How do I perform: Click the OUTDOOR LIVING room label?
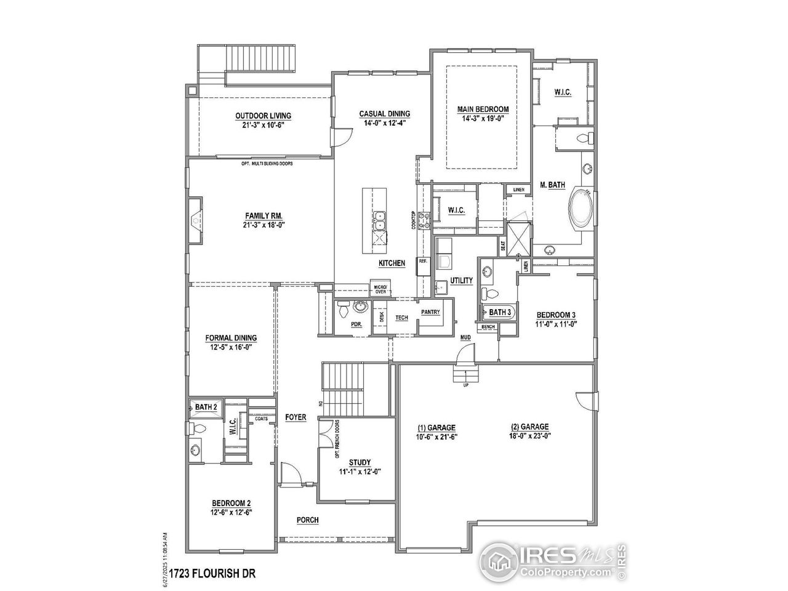tap(263, 116)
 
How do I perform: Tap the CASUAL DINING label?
tap(385, 114)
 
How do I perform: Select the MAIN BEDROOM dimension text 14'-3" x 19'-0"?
tap(483, 119)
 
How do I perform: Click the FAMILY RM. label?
tap(263, 215)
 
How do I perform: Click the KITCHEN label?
tap(392, 263)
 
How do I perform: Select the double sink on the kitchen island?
tap(379, 217)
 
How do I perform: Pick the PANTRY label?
tap(430, 312)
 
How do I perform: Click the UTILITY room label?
tap(461, 281)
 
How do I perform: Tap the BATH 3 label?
tap(500, 312)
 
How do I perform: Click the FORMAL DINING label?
tap(231, 338)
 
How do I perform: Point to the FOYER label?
tap(295, 417)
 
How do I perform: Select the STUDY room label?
tap(360, 462)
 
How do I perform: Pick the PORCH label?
tap(307, 520)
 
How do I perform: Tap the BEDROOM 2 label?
tap(231, 503)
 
